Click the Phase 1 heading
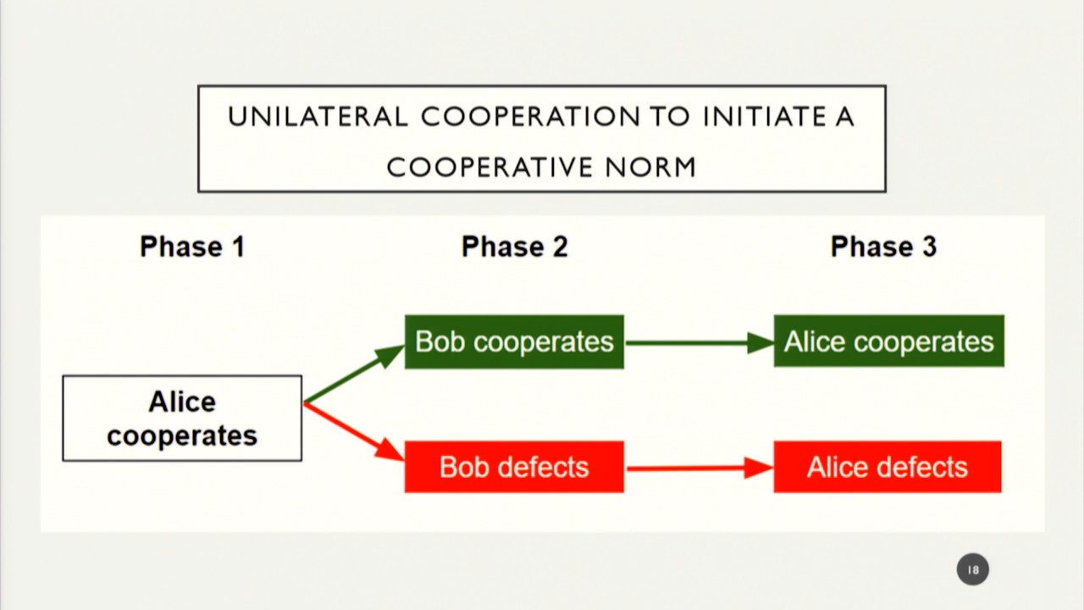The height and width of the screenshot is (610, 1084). pyautogui.click(x=192, y=247)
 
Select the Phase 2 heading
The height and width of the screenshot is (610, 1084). pyautogui.click(x=514, y=247)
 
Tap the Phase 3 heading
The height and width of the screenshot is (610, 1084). pyautogui.click(x=883, y=247)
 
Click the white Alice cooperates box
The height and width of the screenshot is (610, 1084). pyautogui.click(x=182, y=419)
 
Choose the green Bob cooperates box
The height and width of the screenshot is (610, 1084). pyautogui.click(x=514, y=341)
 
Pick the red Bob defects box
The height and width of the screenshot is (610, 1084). pyautogui.click(x=514, y=467)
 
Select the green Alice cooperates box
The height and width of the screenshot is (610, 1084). pyautogui.click(x=888, y=341)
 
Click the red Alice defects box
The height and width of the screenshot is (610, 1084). pyautogui.click(x=888, y=467)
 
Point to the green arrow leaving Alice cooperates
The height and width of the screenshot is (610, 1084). pyautogui.click(x=353, y=374)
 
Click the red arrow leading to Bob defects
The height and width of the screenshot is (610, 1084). pyautogui.click(x=353, y=432)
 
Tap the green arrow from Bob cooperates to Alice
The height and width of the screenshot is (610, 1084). pyautogui.click(x=698, y=342)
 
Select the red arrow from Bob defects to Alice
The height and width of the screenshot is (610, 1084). pyautogui.click(x=698, y=468)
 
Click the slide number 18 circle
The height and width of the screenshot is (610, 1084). pyautogui.click(x=973, y=569)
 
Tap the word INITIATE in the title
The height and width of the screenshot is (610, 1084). pyautogui.click(x=758, y=117)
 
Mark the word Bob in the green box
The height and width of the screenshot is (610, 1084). pyautogui.click(x=440, y=341)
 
